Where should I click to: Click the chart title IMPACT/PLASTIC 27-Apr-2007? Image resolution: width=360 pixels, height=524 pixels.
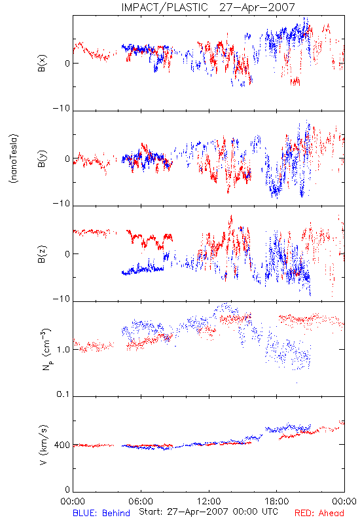pos(207,7)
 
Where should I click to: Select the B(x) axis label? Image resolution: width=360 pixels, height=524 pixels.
pos(42,63)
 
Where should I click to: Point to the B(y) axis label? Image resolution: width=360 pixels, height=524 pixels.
pos(42,159)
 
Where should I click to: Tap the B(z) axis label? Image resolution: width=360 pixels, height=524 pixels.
pos(42,254)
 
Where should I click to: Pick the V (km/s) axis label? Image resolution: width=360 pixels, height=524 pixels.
pos(43,445)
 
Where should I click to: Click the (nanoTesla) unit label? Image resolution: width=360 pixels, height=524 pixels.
pos(14,159)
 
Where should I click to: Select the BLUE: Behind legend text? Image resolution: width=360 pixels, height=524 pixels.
pos(101,513)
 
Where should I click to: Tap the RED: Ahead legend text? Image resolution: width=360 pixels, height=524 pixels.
pos(319,513)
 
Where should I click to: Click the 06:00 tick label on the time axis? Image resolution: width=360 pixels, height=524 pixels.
pos(141,501)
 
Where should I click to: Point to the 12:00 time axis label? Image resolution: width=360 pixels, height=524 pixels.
pos(209,501)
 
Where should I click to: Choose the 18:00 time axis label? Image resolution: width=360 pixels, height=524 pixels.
pos(277,501)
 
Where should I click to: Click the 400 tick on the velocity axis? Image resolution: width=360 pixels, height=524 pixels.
pos(62,445)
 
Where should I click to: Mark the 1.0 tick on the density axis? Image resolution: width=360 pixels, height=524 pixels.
pos(63,349)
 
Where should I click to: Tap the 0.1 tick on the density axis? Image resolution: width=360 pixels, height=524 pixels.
pos(63,394)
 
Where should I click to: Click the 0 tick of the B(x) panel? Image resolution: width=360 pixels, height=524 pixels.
pos(67,63)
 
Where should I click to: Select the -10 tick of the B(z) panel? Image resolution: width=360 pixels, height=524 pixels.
pos(62,299)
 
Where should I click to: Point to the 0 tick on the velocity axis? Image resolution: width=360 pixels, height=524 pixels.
pos(67,489)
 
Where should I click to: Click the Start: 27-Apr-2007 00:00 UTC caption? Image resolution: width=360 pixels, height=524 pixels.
pos(208,512)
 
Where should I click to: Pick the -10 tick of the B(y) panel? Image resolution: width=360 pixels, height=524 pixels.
pos(62,204)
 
